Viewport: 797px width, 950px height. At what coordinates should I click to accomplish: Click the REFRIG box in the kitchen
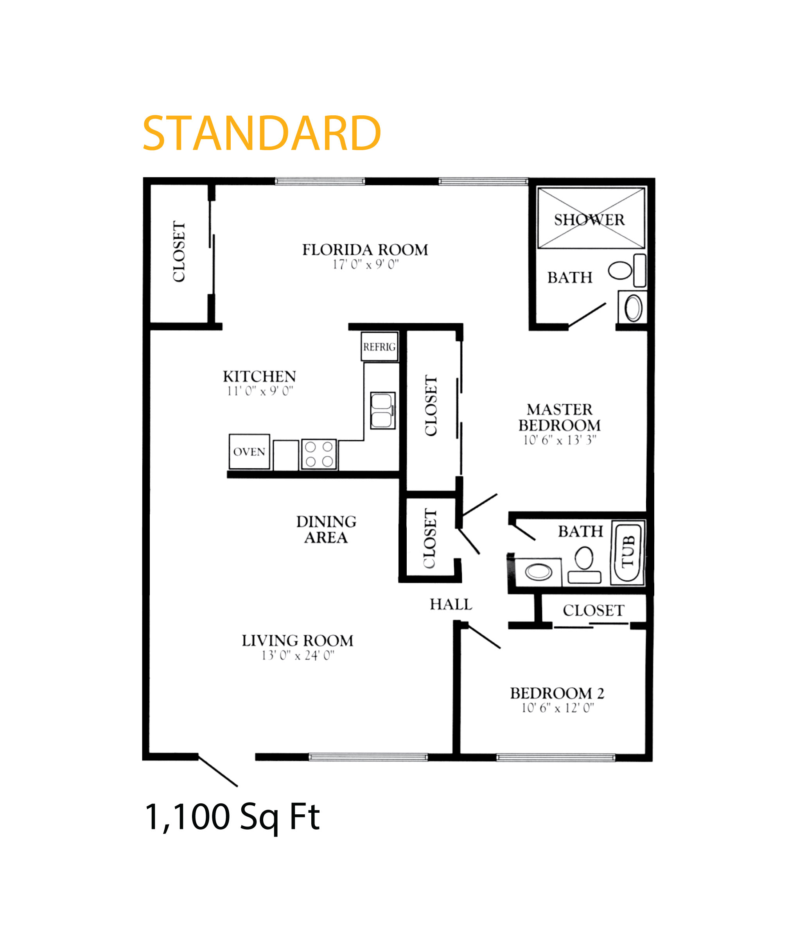(379, 346)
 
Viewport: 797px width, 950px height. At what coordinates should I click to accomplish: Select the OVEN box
(250, 452)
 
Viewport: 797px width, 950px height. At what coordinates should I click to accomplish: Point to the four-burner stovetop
(319, 454)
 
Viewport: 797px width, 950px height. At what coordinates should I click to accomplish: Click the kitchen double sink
(382, 410)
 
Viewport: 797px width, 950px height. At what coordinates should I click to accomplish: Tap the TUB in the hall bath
(628, 552)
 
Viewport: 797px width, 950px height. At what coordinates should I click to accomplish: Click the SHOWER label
(589, 220)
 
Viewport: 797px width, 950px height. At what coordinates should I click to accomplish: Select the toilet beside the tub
(584, 565)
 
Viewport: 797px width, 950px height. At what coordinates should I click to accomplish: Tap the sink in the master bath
(633, 308)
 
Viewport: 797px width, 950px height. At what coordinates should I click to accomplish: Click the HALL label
(451, 604)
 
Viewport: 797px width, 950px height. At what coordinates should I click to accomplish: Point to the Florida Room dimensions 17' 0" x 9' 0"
(366, 265)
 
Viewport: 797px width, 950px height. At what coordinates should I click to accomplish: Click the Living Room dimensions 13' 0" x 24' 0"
(298, 656)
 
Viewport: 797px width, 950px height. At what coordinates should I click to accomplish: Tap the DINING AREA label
(326, 529)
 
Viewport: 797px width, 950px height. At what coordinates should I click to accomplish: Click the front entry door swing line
(218, 771)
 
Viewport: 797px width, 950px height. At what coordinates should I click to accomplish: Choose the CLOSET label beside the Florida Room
(179, 251)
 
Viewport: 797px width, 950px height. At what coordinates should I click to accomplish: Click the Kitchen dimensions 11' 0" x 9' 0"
(260, 391)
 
